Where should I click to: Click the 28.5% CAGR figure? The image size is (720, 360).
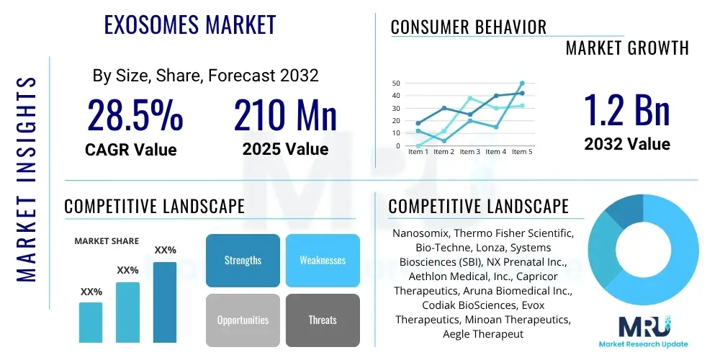pyautogui.click(x=135, y=114)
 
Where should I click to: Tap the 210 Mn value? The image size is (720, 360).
pyautogui.click(x=285, y=114)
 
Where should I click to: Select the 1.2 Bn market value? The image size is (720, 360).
pyautogui.click(x=626, y=109)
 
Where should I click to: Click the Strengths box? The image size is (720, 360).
pyautogui.click(x=243, y=260)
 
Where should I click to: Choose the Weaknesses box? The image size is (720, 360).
pyautogui.click(x=323, y=260)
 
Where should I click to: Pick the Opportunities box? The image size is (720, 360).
pyautogui.click(x=243, y=320)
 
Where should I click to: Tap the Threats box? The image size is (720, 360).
pyautogui.click(x=323, y=320)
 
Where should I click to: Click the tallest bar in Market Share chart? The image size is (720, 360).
pyautogui.click(x=165, y=302)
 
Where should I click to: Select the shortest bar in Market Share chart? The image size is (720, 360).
pyautogui.click(x=91, y=322)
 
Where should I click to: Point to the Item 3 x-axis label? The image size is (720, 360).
pyautogui.click(x=469, y=152)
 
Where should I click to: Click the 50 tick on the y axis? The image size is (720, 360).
pyautogui.click(x=396, y=83)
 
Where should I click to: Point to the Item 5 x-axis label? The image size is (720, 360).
pyautogui.click(x=521, y=152)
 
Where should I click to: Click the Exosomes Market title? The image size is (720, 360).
pyautogui.click(x=190, y=24)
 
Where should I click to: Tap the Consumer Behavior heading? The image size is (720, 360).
pyautogui.click(x=468, y=27)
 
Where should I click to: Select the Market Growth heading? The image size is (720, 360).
pyautogui.click(x=626, y=48)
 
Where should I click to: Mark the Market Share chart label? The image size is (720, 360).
pyautogui.click(x=107, y=241)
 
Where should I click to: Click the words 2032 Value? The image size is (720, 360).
pyautogui.click(x=626, y=144)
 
